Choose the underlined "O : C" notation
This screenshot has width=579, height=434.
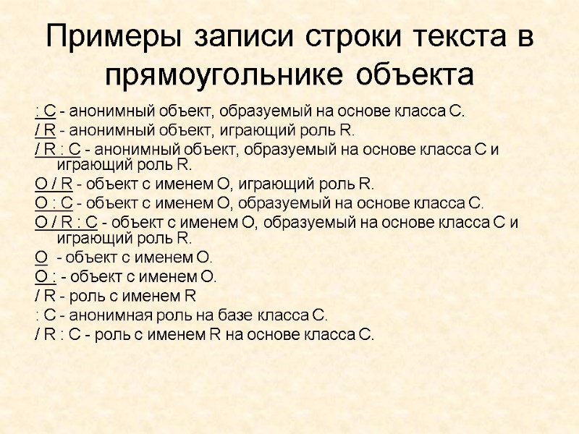coord(51,203)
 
